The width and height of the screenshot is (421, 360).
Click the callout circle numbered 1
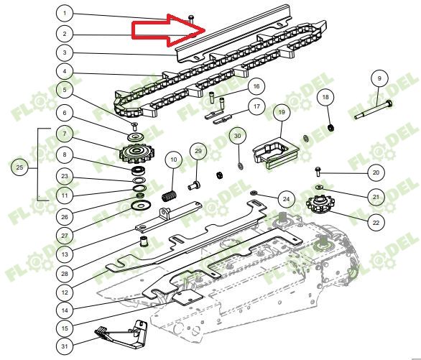tap(65, 13)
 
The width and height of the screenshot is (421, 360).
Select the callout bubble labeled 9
tap(379, 78)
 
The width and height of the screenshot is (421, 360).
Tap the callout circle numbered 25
tap(19, 167)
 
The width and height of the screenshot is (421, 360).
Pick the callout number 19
tap(282, 111)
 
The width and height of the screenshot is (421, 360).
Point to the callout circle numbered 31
tap(65, 346)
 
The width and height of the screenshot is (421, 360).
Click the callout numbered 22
tap(376, 223)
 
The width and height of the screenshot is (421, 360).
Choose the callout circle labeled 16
tap(256, 86)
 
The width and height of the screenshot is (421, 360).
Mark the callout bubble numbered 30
tap(238, 136)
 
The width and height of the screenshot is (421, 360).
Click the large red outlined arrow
tap(168, 30)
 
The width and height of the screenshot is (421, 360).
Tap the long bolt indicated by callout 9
tap(373, 109)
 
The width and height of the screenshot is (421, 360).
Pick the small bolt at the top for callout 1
tap(191, 19)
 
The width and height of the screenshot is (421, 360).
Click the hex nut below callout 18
tap(331, 128)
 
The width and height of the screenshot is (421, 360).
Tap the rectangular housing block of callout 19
tap(276, 152)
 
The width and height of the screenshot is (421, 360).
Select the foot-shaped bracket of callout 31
tap(122, 334)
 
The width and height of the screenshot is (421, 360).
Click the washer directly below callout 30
tap(240, 166)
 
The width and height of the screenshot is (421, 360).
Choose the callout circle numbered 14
tap(65, 310)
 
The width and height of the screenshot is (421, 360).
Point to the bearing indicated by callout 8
tap(139, 170)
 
